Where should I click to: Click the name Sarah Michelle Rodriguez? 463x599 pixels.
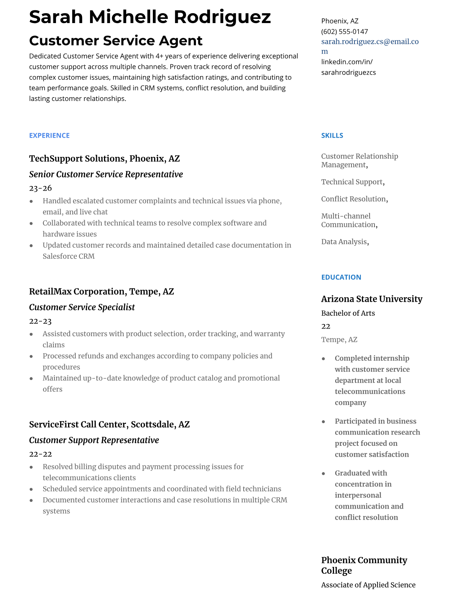[x=150, y=17]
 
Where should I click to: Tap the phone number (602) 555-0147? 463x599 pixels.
[x=344, y=31]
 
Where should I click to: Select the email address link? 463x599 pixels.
[x=370, y=42]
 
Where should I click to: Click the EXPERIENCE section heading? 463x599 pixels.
[x=49, y=135]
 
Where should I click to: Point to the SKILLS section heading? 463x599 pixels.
[x=332, y=135]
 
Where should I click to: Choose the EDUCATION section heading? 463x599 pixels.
[x=341, y=277]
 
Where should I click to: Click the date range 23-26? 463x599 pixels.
[x=40, y=188]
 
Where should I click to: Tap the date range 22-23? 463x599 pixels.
[x=40, y=321]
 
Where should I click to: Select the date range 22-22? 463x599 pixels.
[x=40, y=454]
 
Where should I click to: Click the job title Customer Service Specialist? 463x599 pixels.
[x=82, y=307]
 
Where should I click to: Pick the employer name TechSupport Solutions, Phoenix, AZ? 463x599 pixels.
[x=104, y=158]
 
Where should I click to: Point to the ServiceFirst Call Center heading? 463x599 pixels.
[x=109, y=424]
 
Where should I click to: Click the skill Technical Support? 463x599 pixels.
[x=352, y=182]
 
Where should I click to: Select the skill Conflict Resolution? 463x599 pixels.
[x=354, y=199]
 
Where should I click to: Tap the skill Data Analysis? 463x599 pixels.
[x=344, y=242]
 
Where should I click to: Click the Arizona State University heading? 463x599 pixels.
[x=371, y=299]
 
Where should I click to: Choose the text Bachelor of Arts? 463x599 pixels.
[x=348, y=313]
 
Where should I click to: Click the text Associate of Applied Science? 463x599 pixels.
[x=368, y=585]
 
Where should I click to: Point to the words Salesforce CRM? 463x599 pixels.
[x=68, y=256]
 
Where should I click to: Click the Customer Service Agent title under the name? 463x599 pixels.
[x=116, y=40]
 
